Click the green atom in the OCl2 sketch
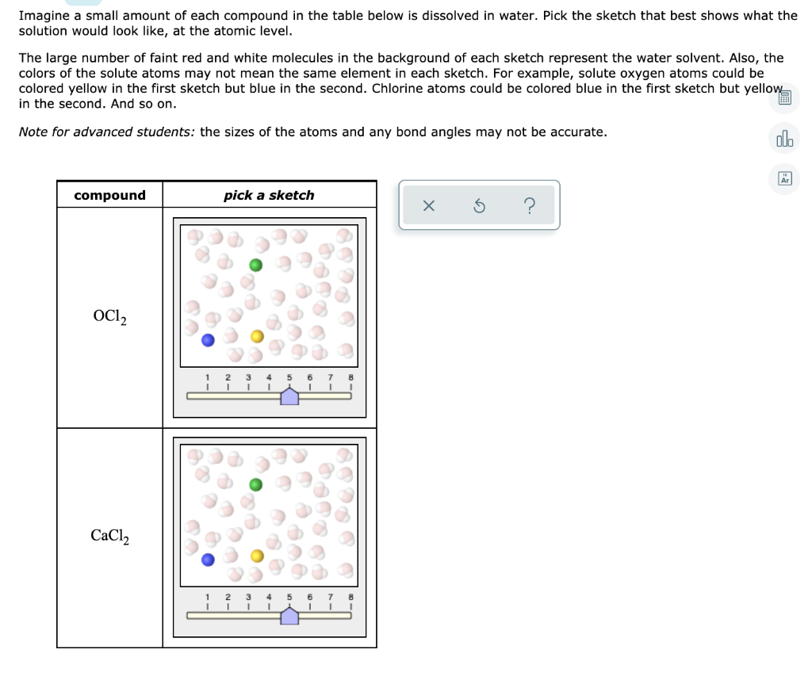click(255, 265)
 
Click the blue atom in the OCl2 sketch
click(208, 341)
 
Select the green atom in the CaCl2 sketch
click(255, 484)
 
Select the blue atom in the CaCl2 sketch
click(208, 560)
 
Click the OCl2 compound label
click(109, 317)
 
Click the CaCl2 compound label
click(109, 537)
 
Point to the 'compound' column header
click(109, 195)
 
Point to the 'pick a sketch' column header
click(269, 195)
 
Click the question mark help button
click(529, 206)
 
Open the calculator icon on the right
click(784, 98)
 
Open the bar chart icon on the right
click(784, 140)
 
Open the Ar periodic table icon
click(784, 179)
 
